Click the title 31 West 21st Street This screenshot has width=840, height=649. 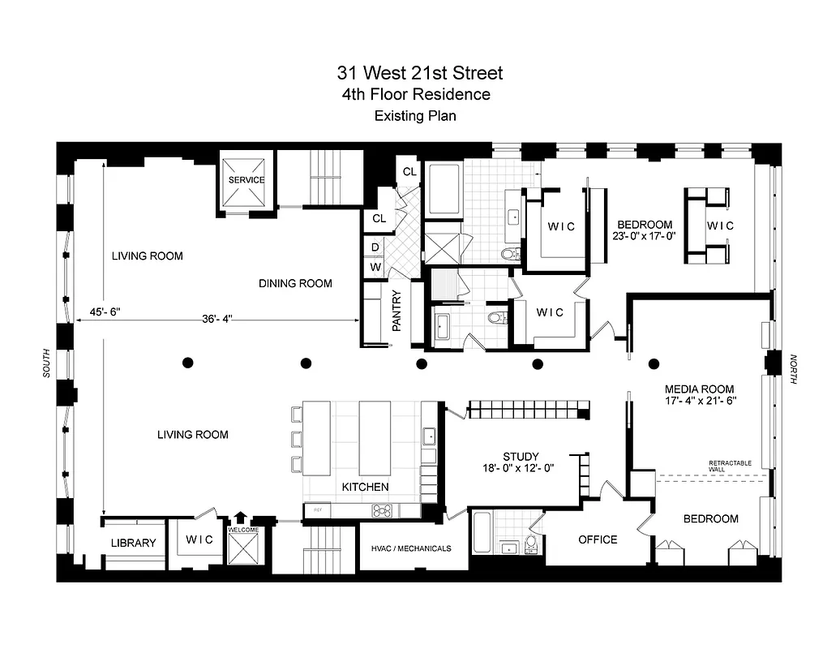pos(420,73)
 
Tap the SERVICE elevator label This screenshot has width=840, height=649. pos(246,179)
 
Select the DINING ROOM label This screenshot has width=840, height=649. pos(295,283)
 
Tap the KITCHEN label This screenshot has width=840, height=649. pos(364,487)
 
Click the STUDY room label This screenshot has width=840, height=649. pos(520,457)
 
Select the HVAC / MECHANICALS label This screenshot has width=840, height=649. pos(411,548)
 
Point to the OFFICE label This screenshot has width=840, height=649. pos(598,539)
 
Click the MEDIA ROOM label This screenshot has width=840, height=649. pos(699,389)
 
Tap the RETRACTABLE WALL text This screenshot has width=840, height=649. pos(730,466)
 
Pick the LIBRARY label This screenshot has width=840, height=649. pos(133,543)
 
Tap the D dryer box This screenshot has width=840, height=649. pos(375,247)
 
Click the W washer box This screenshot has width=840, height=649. pos(375,266)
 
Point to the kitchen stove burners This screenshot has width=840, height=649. pos(382,510)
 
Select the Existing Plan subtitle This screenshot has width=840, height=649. pos(414,116)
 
